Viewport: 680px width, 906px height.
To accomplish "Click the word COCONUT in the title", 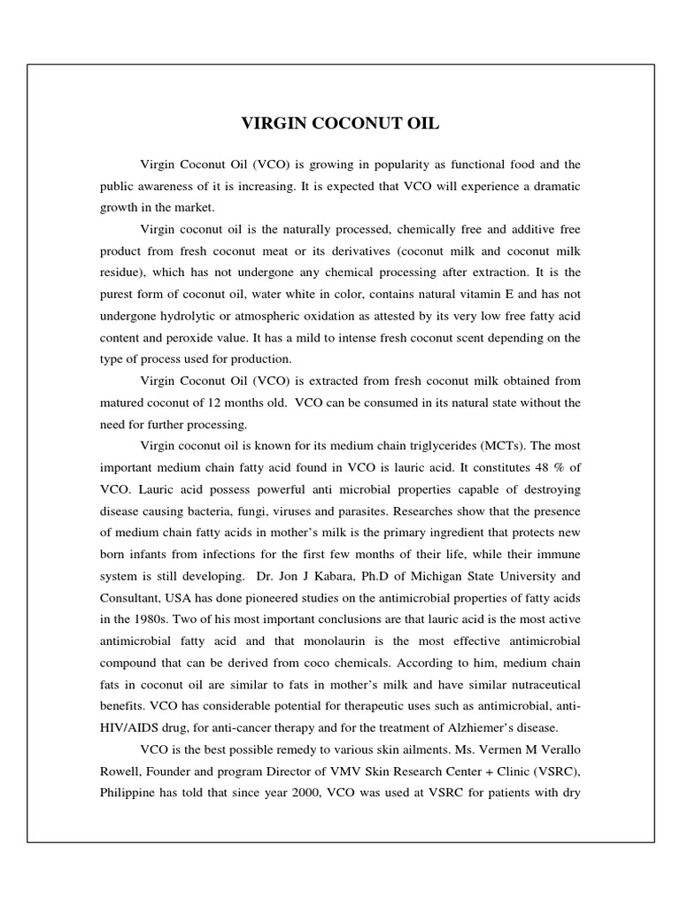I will (340, 124).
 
